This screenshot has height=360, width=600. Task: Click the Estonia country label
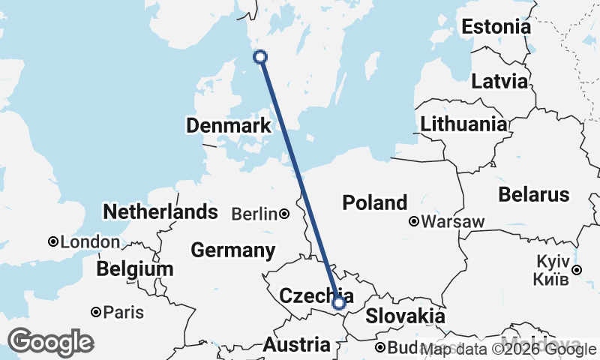[496, 28]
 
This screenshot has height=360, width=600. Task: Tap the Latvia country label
[499, 81]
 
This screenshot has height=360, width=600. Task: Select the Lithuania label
[463, 124]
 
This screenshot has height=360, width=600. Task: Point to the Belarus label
[534, 195]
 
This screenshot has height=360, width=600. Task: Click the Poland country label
[375, 202]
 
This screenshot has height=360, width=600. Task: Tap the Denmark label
[229, 126]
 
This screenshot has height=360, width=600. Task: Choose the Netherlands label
[160, 212]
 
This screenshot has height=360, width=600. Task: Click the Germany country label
[232, 250]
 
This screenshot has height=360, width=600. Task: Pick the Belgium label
[135, 268]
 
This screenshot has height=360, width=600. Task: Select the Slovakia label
[405, 316]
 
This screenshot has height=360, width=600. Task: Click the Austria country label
[296, 345]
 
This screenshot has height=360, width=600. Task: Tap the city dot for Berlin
[284, 214]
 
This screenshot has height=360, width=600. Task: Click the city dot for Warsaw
[414, 221]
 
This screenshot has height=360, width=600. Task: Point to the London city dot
[53, 241]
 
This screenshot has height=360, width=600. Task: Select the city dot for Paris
[96, 312]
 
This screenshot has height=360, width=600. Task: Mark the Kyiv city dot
[576, 270]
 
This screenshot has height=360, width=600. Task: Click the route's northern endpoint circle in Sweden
[260, 56]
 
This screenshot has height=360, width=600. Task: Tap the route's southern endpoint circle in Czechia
[338, 303]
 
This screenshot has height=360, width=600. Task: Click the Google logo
[50, 342]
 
